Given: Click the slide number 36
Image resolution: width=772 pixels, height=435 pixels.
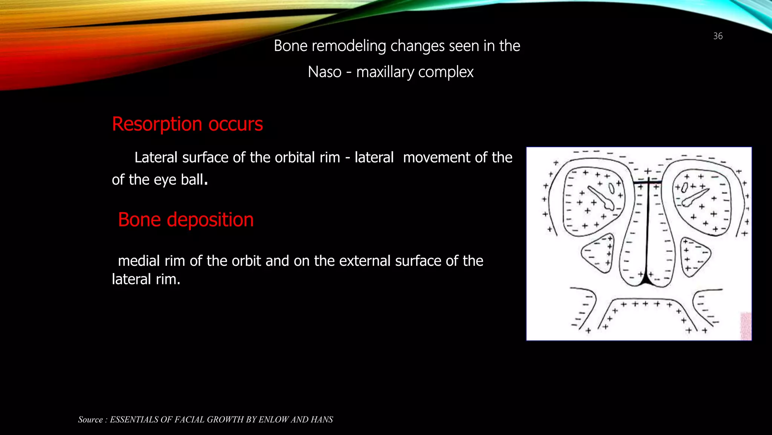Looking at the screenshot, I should [718, 36].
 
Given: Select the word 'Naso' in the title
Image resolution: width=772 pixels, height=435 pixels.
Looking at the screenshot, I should [324, 72].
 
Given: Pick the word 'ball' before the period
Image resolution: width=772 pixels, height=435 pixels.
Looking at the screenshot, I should [192, 180].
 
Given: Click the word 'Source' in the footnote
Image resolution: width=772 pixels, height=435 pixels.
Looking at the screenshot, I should [90, 420].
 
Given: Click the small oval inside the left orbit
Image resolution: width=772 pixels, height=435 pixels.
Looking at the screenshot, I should [611, 188].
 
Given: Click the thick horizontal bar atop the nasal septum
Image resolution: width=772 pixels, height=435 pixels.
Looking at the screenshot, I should [647, 183].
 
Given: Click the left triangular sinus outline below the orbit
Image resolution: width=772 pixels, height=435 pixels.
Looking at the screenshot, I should [597, 253].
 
